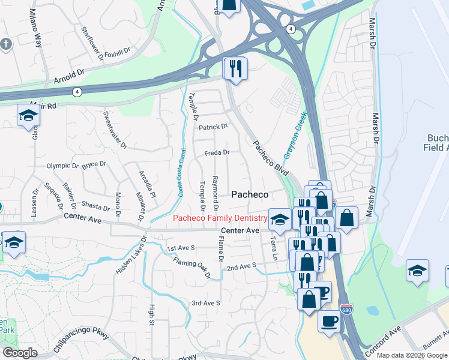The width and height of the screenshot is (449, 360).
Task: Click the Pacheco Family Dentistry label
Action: pos(220,218)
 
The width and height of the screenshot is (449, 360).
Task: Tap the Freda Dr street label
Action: pos(217,153)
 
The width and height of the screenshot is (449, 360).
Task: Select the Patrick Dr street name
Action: pos(214,127)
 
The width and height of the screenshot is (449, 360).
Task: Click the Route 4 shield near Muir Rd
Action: pos(77,92)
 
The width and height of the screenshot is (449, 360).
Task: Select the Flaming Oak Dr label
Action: pos(191,267)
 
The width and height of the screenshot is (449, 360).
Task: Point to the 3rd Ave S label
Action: pos(206,303)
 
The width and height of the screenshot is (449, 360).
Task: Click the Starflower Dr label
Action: pos(92,38)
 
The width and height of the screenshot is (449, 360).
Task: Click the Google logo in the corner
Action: pos(20,353)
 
